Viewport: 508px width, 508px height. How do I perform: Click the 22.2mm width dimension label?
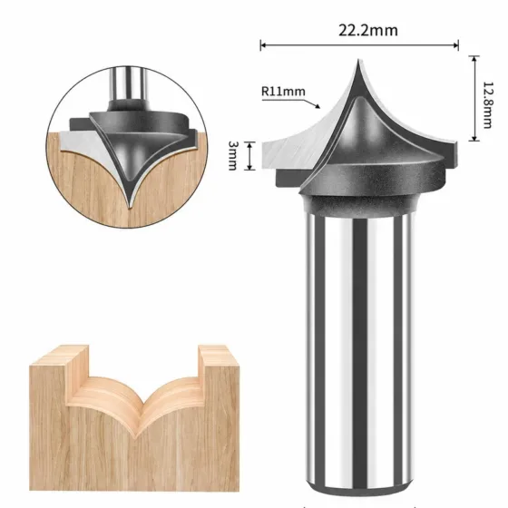pyautogui.click(x=368, y=31)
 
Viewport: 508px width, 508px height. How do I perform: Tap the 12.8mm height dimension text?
pyautogui.click(x=487, y=105)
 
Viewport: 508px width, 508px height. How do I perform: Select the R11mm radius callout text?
pyautogui.click(x=283, y=92)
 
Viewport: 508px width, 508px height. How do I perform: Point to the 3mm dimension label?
pyautogui.click(x=232, y=155)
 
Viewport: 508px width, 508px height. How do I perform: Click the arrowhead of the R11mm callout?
pyautogui.click(x=317, y=105)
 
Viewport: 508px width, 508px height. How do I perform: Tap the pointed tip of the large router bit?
pyautogui.click(x=358, y=60)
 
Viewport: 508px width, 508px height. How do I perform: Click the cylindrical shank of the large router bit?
pyautogui.click(x=359, y=352)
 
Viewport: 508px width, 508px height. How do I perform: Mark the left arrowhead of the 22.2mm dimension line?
pyautogui.click(x=263, y=45)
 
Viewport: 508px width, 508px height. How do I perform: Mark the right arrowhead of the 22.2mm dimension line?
pyautogui.click(x=455, y=45)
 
